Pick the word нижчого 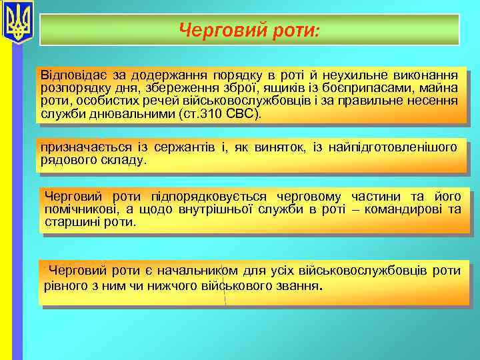[x=168, y=286]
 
